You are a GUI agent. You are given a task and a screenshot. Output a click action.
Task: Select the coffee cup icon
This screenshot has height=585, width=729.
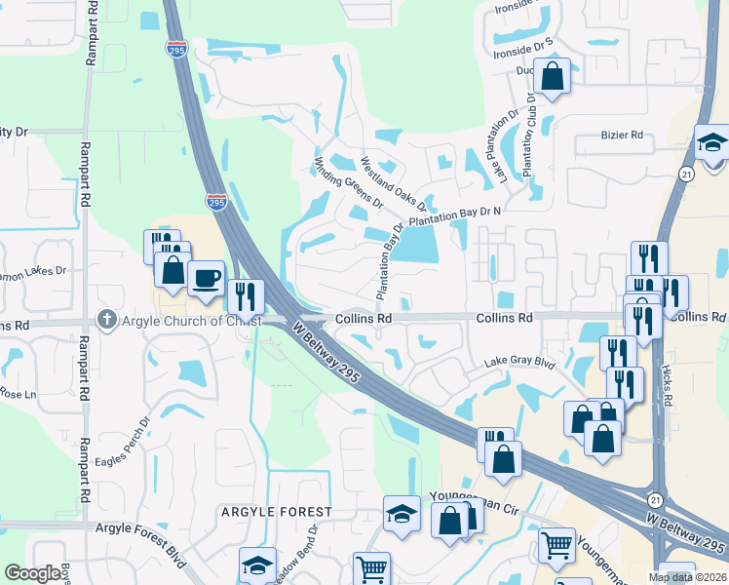[206, 277]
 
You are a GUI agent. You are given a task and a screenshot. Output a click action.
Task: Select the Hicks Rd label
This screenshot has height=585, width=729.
[666, 385]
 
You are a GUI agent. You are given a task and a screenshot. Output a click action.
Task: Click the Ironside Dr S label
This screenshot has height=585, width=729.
[523, 42]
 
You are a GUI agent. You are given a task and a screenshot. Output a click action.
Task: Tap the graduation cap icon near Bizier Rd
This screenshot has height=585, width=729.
[711, 142]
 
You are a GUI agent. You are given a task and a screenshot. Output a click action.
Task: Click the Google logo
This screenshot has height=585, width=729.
[32, 573]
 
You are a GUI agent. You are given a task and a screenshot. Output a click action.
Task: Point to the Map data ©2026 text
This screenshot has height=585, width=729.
[686, 577]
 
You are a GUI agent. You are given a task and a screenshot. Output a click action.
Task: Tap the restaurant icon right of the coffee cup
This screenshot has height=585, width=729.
[245, 294]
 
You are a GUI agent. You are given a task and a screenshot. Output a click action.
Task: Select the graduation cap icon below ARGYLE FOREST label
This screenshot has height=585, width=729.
[257, 565]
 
